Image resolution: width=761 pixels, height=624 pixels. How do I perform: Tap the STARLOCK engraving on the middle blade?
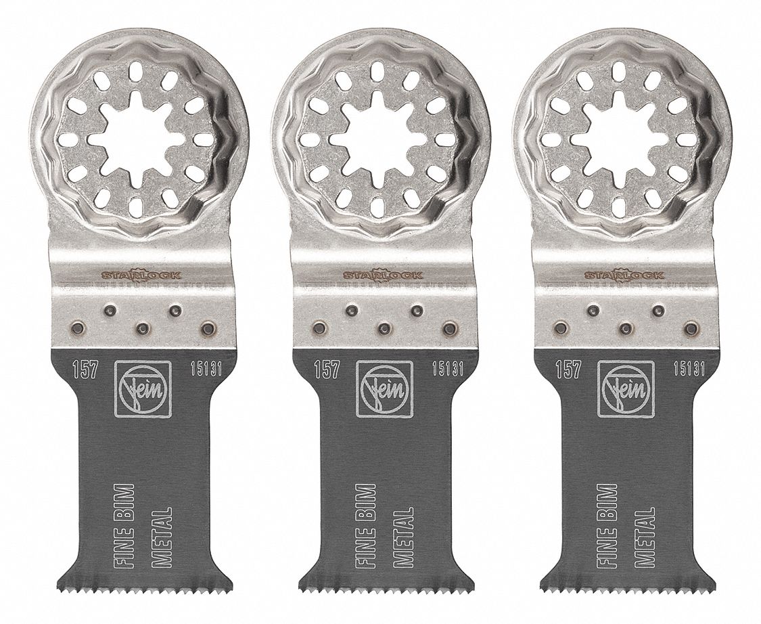(383, 275)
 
